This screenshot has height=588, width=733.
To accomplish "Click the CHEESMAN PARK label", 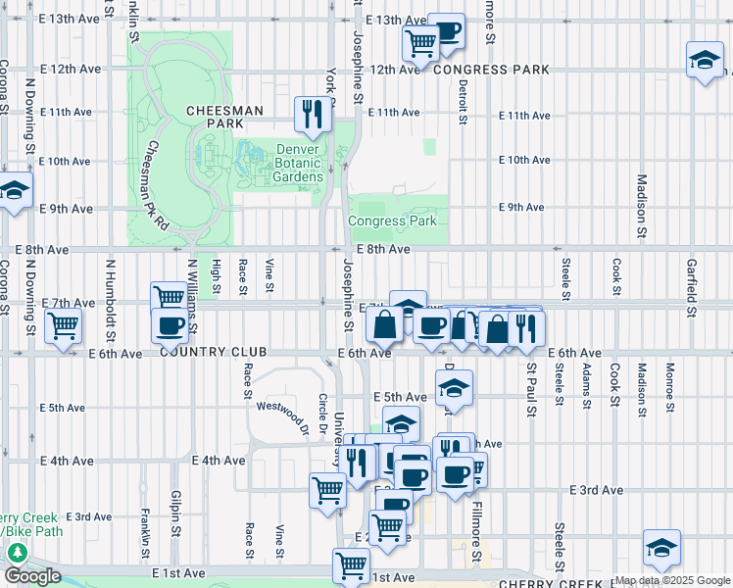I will pos(225,118).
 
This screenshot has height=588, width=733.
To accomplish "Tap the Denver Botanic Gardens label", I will pos(285,163).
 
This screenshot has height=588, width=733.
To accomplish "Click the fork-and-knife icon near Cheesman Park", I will pos(314,116).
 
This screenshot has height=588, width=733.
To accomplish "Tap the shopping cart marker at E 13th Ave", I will pos(420,42).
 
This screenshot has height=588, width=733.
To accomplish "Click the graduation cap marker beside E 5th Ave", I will pos(454,387).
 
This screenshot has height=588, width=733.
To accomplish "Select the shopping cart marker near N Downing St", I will pos(64,325).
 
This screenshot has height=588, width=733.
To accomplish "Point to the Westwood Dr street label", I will pos(282,406).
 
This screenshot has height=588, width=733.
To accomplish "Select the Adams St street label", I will pos(586,385).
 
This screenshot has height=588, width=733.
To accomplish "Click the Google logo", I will pos(32,576).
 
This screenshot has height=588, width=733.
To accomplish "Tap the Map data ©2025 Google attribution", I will pos(671,580).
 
